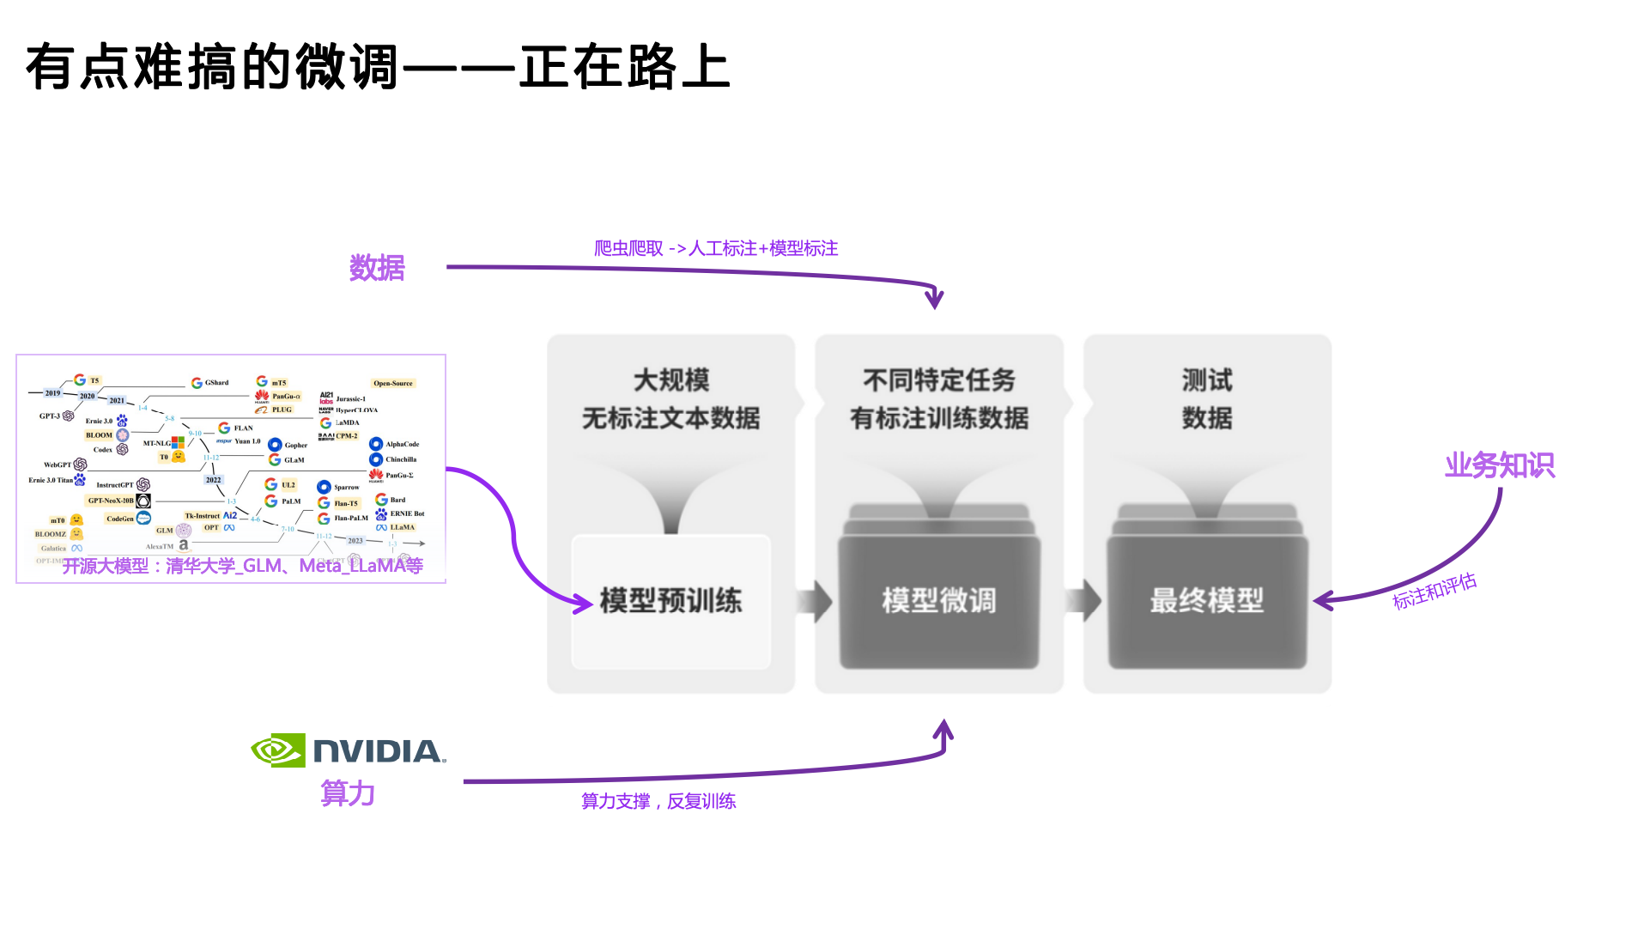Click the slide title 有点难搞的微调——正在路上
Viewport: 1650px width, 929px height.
point(378,67)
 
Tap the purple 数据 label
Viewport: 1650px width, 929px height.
point(377,268)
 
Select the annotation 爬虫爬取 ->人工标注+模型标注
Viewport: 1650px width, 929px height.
point(716,248)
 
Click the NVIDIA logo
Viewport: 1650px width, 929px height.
point(349,750)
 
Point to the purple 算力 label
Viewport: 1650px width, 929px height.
point(348,792)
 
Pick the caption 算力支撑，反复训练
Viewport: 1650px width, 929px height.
point(658,801)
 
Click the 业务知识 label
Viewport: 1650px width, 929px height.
point(1499,465)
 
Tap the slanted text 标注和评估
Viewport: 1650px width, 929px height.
point(1435,592)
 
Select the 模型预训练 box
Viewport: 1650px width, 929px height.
point(670,601)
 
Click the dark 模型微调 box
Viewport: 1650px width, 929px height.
point(939,601)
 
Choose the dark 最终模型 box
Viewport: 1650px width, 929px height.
point(1207,601)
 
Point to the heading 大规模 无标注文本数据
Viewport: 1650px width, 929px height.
point(670,399)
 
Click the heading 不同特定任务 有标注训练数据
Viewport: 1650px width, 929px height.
point(939,399)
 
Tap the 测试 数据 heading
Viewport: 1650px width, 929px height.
point(1207,399)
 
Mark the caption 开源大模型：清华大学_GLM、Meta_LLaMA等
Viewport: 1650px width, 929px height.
point(243,566)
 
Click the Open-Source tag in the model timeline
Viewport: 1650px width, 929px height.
point(393,383)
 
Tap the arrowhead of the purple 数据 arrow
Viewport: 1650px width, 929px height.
point(934,300)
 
